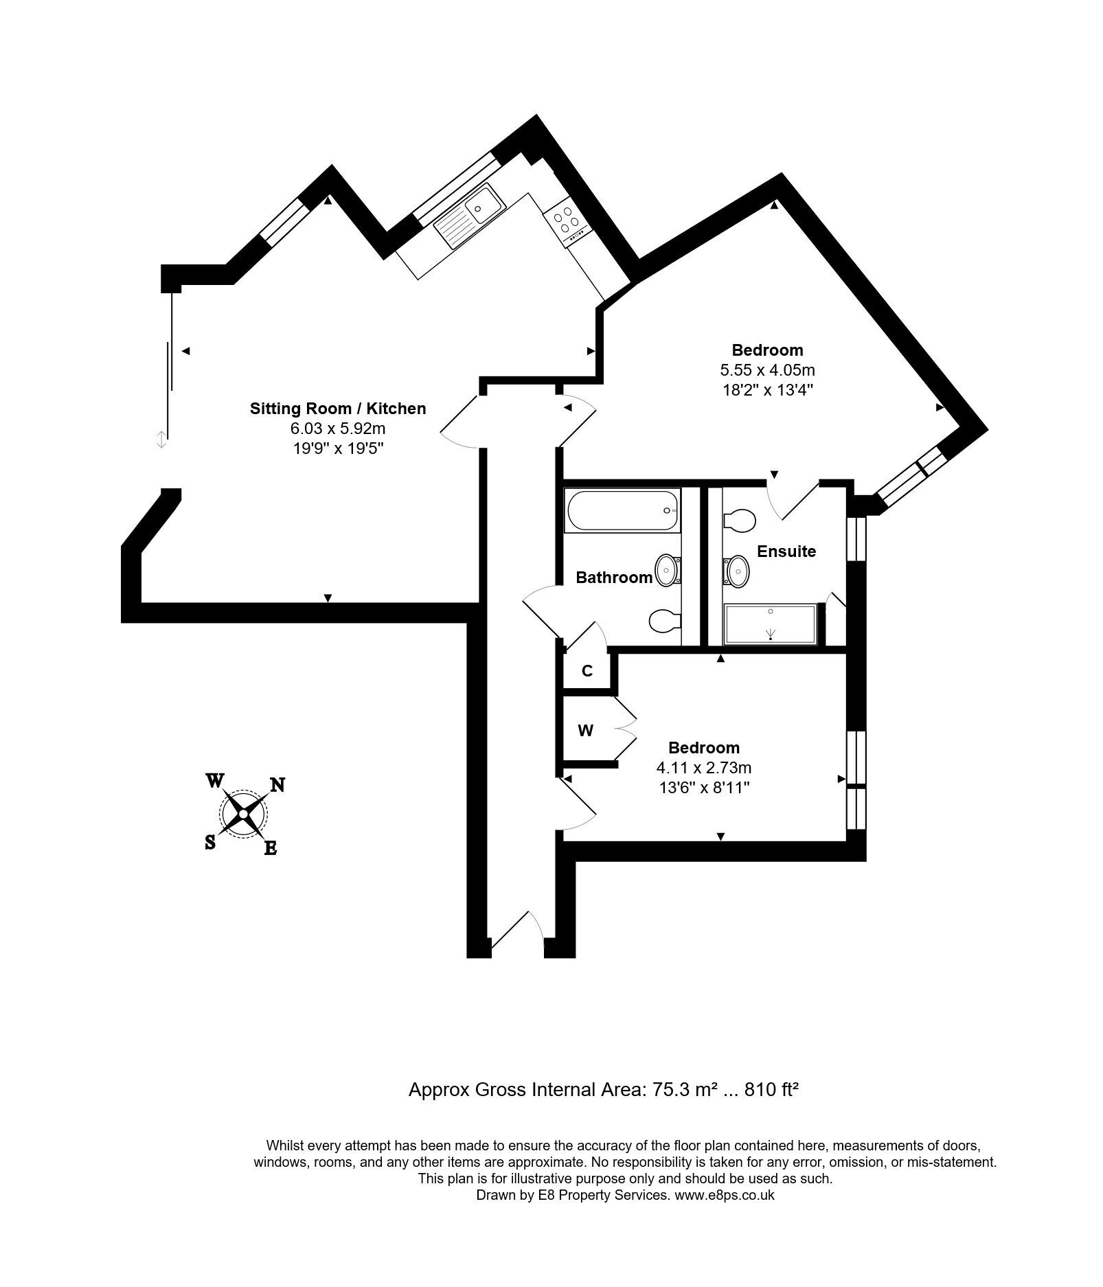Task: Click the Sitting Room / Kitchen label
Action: pyautogui.click(x=337, y=409)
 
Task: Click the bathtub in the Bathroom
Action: pyautogui.click(x=622, y=510)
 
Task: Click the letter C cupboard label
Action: pyautogui.click(x=587, y=671)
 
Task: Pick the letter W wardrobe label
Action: pyautogui.click(x=585, y=731)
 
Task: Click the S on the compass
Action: pyautogui.click(x=210, y=843)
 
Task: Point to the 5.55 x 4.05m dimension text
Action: pyautogui.click(x=767, y=370)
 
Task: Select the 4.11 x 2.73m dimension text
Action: pyautogui.click(x=704, y=768)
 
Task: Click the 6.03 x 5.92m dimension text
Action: pyautogui.click(x=337, y=429)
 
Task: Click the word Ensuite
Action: pyautogui.click(x=786, y=551)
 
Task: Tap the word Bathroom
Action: pyautogui.click(x=614, y=578)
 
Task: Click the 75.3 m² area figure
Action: pyautogui.click(x=674, y=1089)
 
